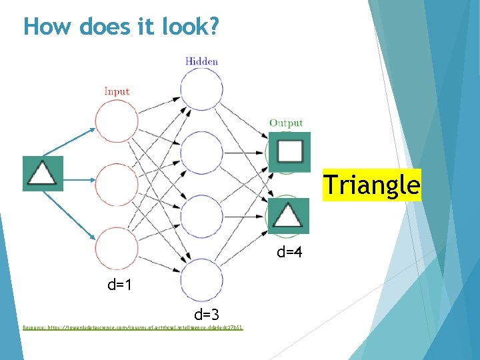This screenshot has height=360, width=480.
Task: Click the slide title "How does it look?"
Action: click(121, 27)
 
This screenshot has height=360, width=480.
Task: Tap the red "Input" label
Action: click(117, 91)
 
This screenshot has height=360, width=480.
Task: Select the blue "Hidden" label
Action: click(201, 61)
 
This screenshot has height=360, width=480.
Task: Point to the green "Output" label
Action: click(286, 123)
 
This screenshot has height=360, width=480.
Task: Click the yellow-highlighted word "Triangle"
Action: click(372, 184)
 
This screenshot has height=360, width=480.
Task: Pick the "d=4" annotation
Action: click(290, 252)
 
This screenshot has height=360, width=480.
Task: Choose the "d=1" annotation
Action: click(121, 285)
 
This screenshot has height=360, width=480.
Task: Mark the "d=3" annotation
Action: click(207, 313)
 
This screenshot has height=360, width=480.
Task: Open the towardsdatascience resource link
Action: click(133, 328)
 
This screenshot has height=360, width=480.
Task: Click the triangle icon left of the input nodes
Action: click(43, 173)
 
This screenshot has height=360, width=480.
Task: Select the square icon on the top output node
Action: click(289, 152)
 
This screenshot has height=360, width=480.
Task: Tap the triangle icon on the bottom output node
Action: click(289, 215)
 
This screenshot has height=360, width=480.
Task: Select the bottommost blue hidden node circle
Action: click(201, 280)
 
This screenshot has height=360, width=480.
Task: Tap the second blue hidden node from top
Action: click(201, 154)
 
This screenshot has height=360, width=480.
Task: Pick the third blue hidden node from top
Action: click(201, 217)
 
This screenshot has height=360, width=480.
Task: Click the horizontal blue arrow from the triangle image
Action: click(79, 179)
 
